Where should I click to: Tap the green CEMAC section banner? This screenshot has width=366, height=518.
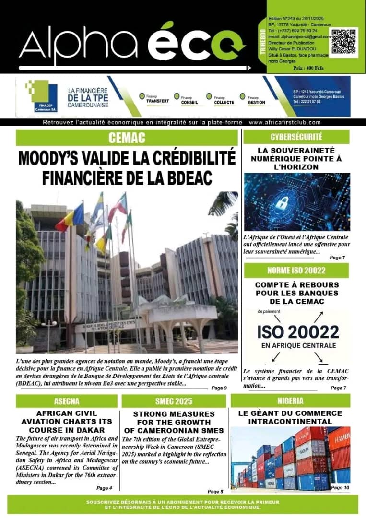tap(127, 138)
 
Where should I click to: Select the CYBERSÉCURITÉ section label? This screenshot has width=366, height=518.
tap(296, 137)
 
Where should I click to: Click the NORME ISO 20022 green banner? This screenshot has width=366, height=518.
tap(296, 270)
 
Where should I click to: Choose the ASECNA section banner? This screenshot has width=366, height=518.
tap(67, 401)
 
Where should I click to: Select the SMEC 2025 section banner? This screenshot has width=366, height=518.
tap(174, 401)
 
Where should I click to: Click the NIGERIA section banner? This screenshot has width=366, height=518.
tap(290, 400)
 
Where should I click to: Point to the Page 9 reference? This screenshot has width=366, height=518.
tap(219, 388)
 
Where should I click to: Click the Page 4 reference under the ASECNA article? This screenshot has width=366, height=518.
tap(104, 488)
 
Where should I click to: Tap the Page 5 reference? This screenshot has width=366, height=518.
tap(215, 491)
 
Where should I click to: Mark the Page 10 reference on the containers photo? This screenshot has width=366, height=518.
tap(340, 487)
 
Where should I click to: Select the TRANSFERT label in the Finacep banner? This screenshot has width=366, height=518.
tap(157, 102)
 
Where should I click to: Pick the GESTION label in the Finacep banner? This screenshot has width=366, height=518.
tap(257, 102)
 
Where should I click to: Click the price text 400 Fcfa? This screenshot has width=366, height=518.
tap(308, 68)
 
